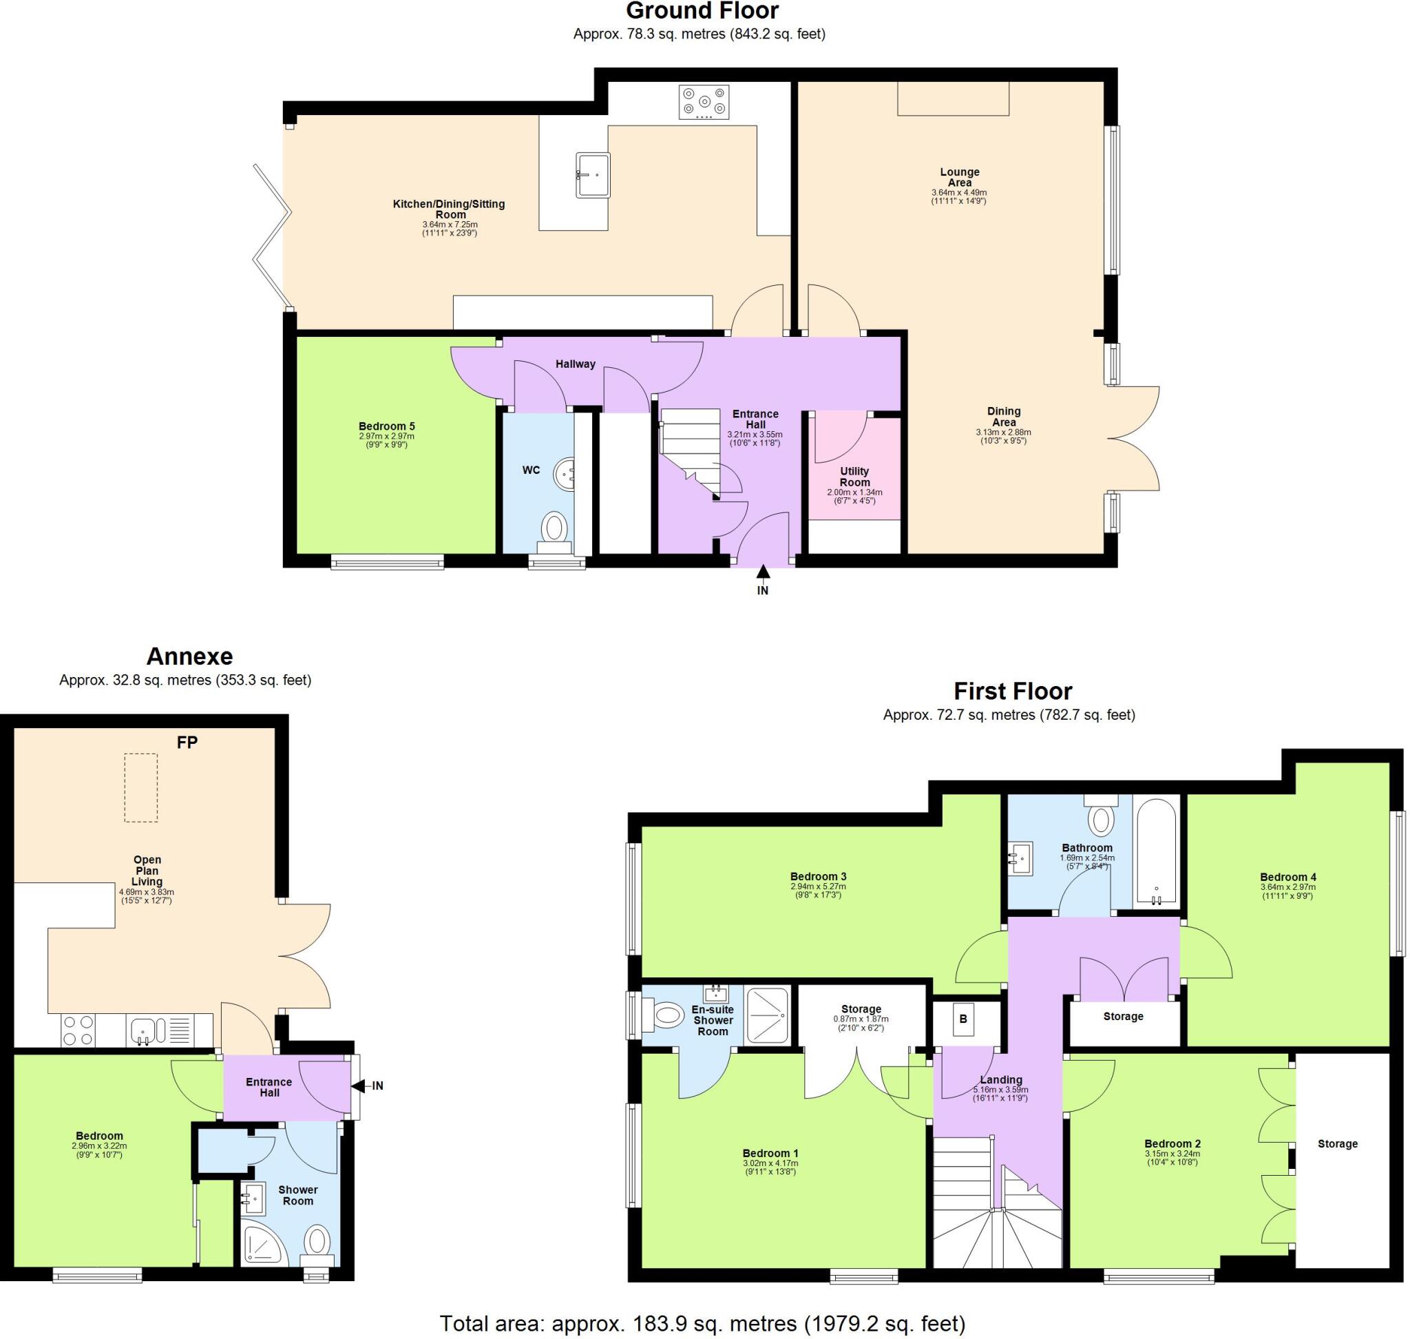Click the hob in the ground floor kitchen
pos(704,102)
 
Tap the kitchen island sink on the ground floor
pos(592,175)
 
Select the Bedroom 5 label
pos(387,426)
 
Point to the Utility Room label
pos(854,476)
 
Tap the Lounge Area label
pos(959,177)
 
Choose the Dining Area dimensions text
pos(1002,436)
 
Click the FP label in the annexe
pos(187,743)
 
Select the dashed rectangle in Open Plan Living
pos(140,788)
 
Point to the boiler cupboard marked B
pos(962,1019)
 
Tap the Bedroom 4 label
pos(1287,878)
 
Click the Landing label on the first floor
pos(1000,1080)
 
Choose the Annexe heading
pos(190,656)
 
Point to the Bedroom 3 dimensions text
pos(818,891)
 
